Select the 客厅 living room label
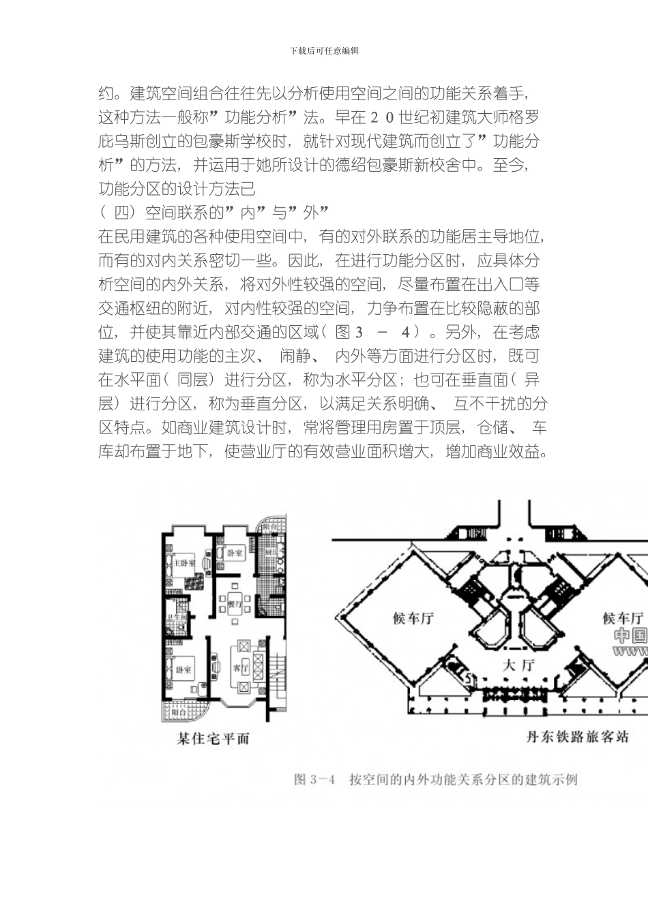coord(240,668)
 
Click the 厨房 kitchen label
coord(271,552)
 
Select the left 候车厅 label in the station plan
coord(413,618)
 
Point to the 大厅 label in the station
coord(518,665)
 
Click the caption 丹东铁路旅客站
coord(578,737)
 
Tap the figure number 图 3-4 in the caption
coord(314,779)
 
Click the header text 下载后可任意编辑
coord(324,51)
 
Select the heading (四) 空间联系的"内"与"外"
coord(214,213)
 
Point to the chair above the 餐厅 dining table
coord(234,586)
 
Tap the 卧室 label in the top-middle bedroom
coord(235,553)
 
